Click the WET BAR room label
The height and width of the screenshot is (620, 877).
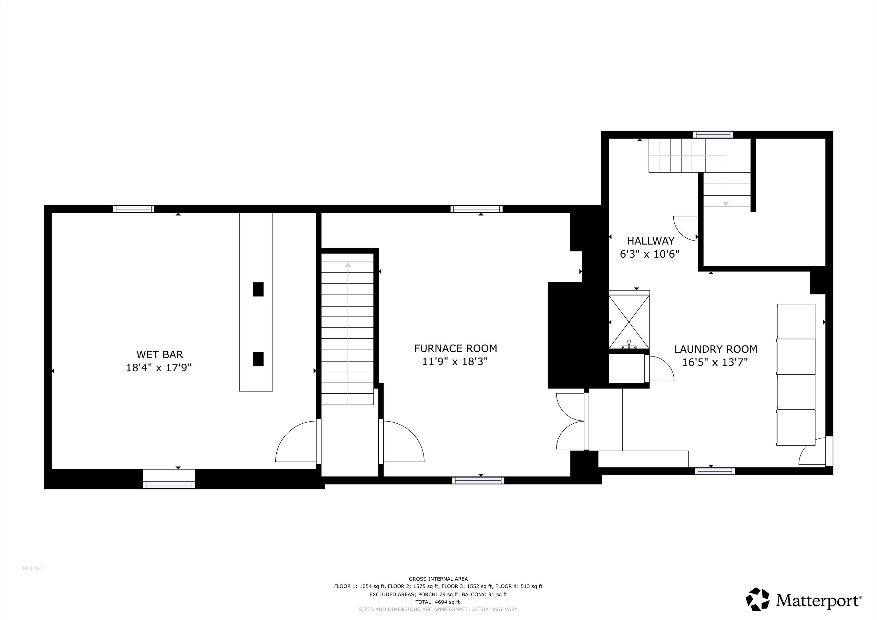point(160,355)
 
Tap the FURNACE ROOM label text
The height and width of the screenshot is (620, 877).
point(456,349)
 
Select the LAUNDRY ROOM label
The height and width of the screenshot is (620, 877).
point(716,349)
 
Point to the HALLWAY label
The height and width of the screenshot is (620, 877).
point(651,241)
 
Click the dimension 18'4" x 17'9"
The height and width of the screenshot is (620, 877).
point(159,368)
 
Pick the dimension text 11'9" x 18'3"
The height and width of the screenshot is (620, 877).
point(455,361)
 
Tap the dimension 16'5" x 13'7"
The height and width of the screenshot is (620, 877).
point(715,362)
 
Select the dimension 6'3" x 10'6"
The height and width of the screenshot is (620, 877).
point(650,254)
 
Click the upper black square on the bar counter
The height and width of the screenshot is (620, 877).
point(258,289)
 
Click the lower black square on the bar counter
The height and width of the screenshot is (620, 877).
point(258,359)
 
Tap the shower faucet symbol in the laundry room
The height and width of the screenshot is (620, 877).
point(629,345)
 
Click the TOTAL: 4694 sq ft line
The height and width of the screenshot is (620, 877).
point(438,602)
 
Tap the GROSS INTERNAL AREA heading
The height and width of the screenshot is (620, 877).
point(438,579)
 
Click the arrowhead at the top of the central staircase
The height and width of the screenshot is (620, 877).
point(348,265)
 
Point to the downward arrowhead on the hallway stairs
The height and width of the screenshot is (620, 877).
point(726,204)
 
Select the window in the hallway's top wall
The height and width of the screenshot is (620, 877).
point(713,134)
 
